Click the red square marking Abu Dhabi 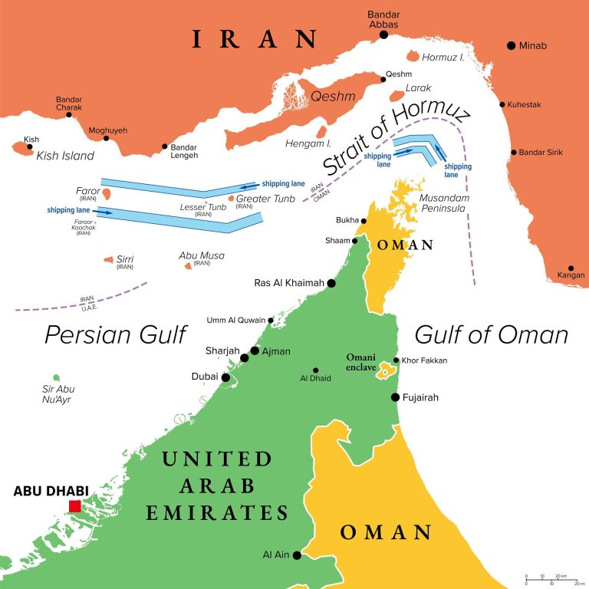coord(74,506)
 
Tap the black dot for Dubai coord(225,377)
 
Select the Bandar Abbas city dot coord(383,34)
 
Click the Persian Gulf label coord(116,334)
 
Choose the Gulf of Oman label coord(492,334)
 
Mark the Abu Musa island coord(188,267)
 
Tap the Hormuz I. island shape coord(413,57)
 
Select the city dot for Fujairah coord(395,397)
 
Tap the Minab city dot coord(511,46)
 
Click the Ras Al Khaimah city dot coord(331,283)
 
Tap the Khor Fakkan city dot coord(396,360)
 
